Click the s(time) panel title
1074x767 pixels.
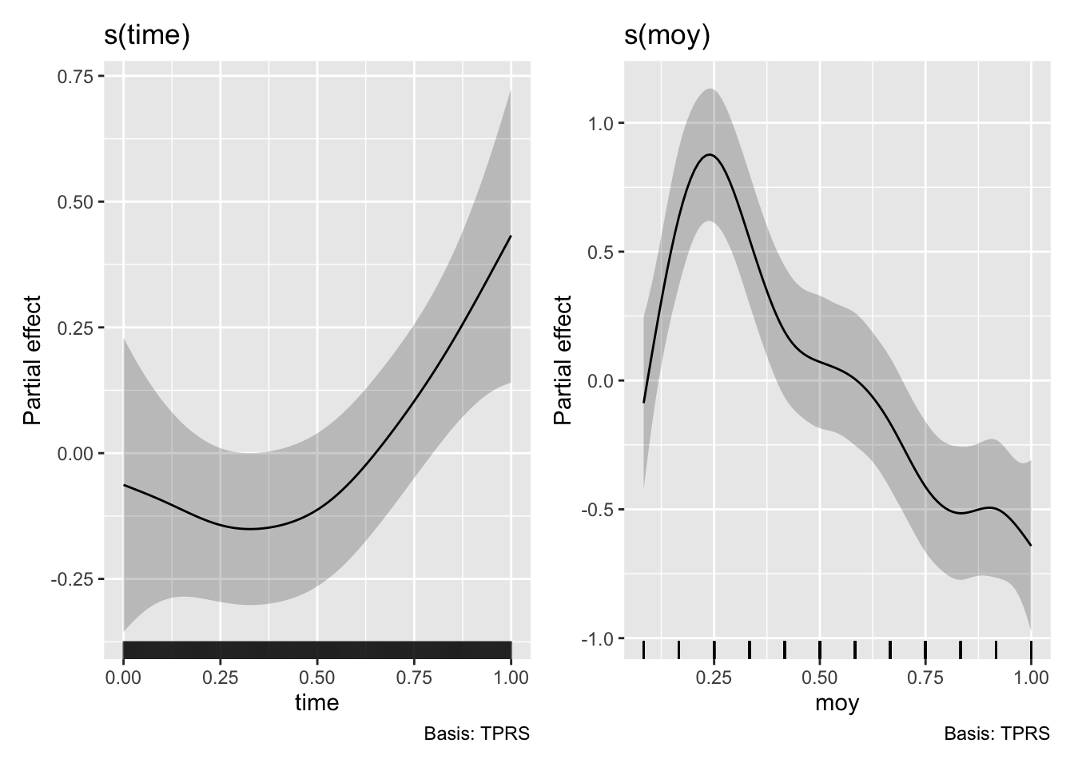147,36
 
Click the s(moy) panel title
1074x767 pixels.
667,36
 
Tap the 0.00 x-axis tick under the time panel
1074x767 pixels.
123,678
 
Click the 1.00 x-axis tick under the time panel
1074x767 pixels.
511,678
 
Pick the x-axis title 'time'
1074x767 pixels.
317,702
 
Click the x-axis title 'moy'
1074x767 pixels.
837,702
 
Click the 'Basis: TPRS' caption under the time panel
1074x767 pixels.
477,733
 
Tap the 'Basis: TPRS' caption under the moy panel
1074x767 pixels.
997,733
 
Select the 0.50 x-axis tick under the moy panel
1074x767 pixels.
820,678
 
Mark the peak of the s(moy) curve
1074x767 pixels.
710,154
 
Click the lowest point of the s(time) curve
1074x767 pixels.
251,529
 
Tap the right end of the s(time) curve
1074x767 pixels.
511,236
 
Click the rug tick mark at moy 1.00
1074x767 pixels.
1031,649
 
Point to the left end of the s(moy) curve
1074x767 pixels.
644,402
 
